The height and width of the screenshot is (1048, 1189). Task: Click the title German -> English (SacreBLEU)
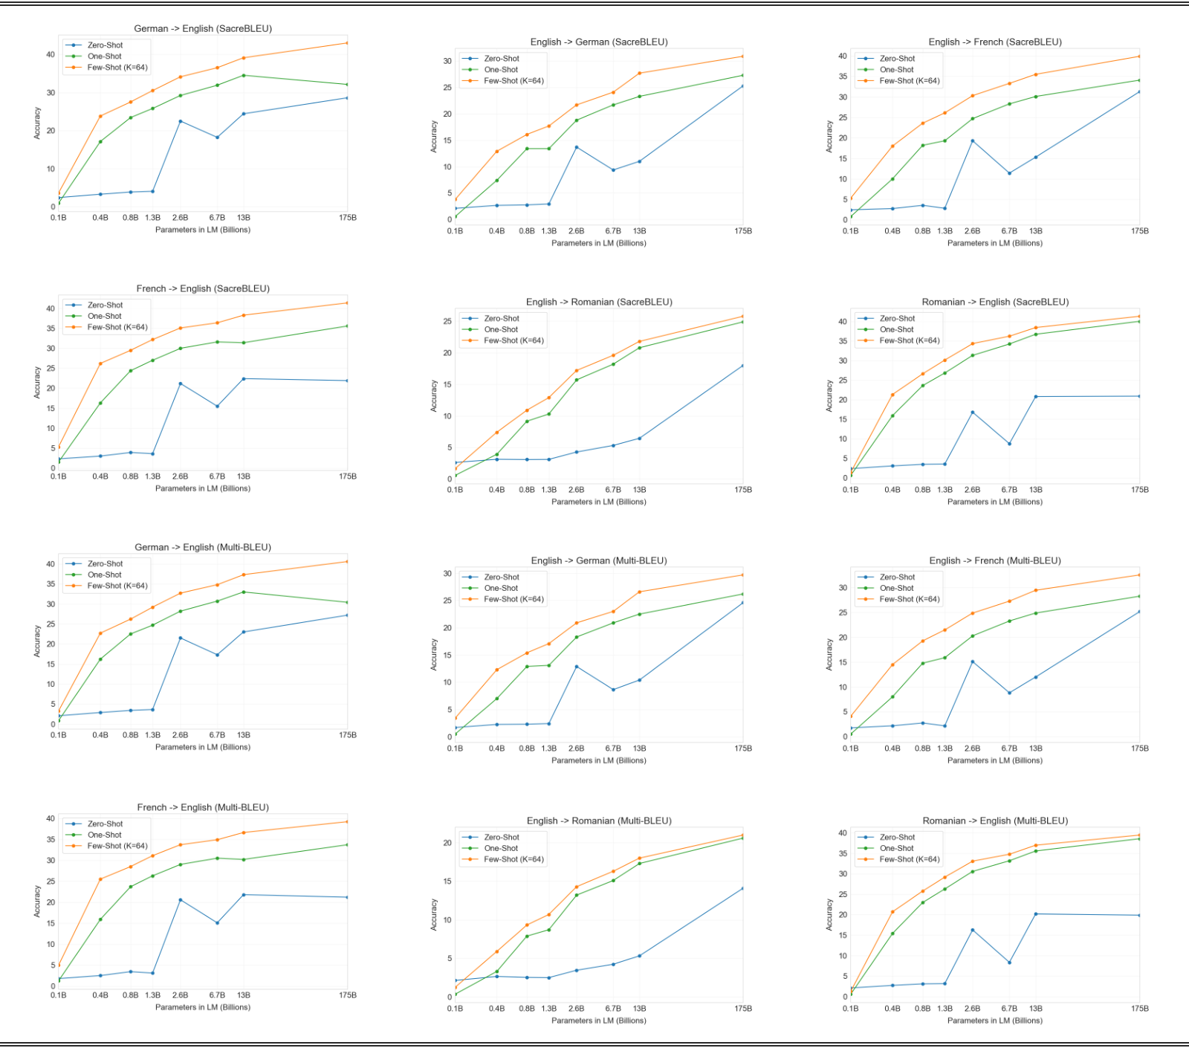[203, 29]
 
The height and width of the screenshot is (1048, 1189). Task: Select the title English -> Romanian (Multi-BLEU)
[599, 821]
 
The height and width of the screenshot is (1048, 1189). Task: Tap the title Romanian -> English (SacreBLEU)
[995, 302]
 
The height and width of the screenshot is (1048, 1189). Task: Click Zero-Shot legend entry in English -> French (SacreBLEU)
[897, 59]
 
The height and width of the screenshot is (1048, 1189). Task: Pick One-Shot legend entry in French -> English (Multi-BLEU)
[105, 835]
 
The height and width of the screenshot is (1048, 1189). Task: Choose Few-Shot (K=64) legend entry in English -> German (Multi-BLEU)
[513, 599]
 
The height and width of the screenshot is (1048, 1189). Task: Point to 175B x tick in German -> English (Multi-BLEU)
[348, 735]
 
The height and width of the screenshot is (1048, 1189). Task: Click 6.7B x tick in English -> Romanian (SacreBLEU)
[613, 490]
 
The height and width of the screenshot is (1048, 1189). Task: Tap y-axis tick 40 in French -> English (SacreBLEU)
[51, 308]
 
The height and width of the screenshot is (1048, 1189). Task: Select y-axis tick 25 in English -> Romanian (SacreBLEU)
[447, 322]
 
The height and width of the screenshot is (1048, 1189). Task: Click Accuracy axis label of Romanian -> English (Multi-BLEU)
[829, 914]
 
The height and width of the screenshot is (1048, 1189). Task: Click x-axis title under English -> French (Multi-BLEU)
[995, 760]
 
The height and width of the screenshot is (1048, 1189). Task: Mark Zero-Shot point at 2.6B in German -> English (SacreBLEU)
[180, 121]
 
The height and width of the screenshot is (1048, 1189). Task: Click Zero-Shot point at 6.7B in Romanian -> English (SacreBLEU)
[1009, 444]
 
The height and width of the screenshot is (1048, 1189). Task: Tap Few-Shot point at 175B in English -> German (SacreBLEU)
[742, 56]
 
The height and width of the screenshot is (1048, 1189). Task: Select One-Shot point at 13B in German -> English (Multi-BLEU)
[244, 592]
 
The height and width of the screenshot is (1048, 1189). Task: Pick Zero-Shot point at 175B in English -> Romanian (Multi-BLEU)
[742, 888]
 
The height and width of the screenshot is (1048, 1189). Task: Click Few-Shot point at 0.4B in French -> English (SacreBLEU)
[100, 363]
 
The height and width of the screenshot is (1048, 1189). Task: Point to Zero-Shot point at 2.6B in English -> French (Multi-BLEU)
[972, 662]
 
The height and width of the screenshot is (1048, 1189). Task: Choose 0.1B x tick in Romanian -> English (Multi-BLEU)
[851, 1009]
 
